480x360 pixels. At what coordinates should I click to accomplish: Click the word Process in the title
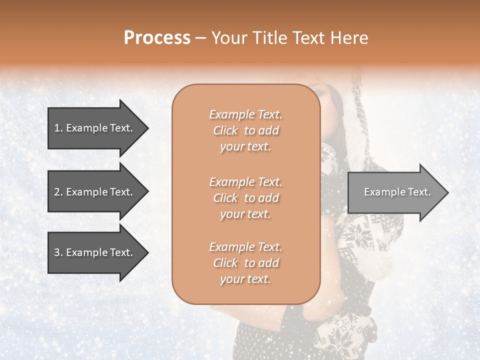coord(157,38)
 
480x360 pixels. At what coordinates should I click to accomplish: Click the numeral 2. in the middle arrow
coord(58,192)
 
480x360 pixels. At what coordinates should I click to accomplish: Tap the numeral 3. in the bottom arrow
coord(58,252)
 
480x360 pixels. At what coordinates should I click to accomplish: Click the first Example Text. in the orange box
coord(245,114)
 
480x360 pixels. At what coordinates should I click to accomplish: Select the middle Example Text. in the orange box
coord(245,181)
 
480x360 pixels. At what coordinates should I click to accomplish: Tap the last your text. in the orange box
coord(245,279)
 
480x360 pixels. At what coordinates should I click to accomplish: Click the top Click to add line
coord(245,130)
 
